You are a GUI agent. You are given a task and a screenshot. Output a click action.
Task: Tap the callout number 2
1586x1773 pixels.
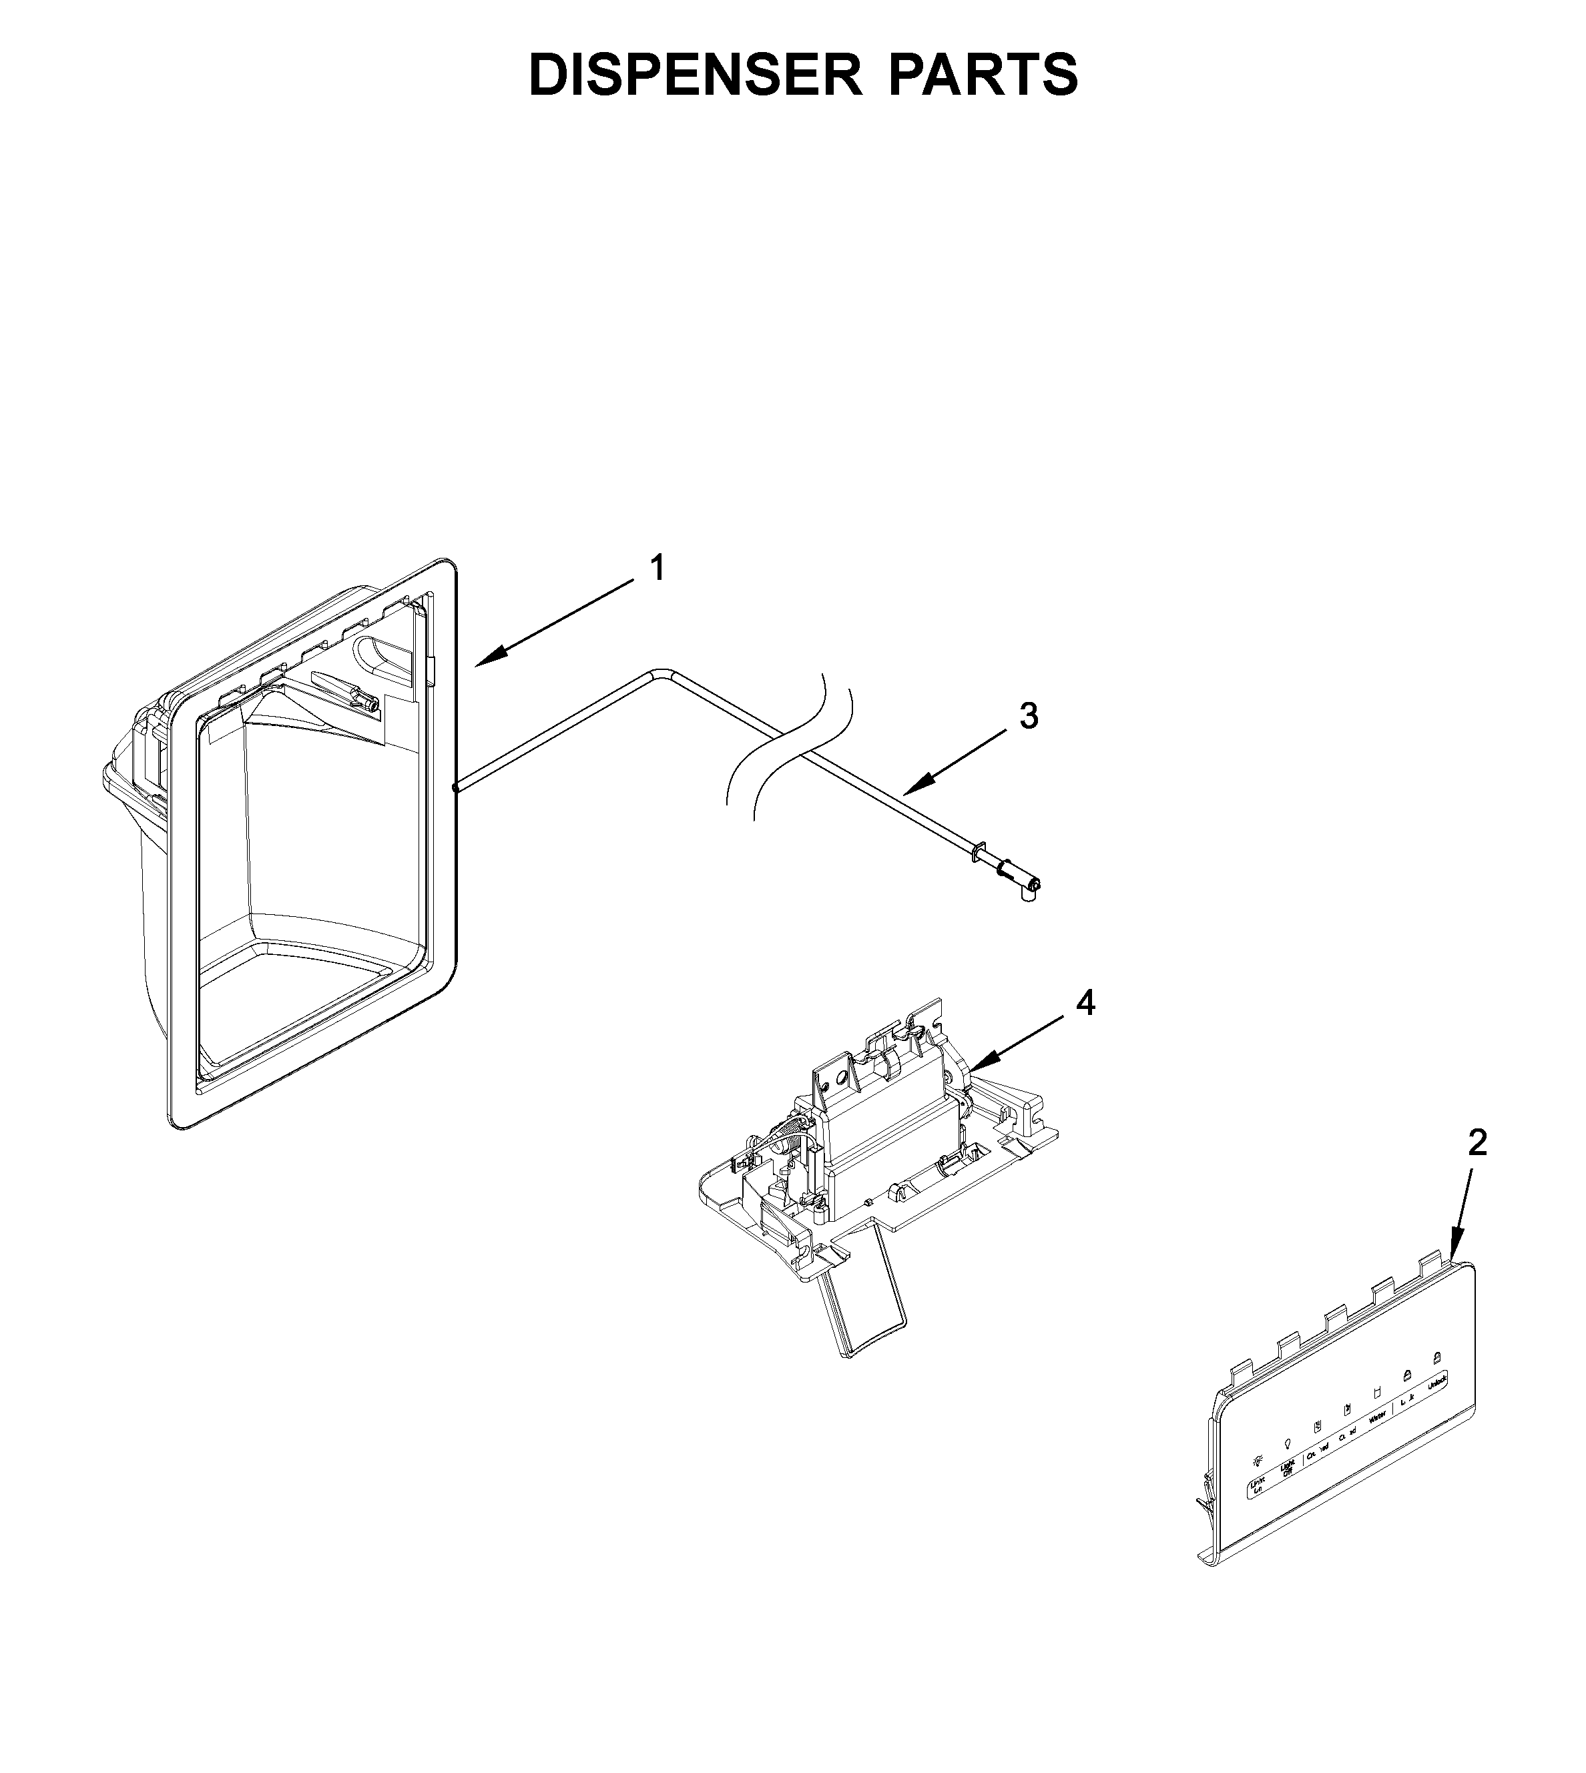pyautogui.click(x=1477, y=1142)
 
